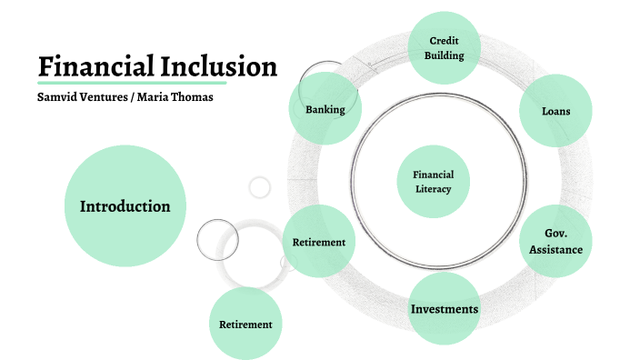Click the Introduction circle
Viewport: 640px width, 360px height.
(125, 206)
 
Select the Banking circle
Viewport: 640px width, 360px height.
(325, 110)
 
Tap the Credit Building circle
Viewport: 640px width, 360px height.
(444, 47)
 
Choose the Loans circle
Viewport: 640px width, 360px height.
(555, 112)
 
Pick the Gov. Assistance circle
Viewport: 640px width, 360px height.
(555, 241)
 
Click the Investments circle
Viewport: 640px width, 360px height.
(444, 309)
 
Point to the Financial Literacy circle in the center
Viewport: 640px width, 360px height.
(434, 182)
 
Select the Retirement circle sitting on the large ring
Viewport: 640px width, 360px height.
(318, 243)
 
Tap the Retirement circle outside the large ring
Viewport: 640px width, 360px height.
(245, 324)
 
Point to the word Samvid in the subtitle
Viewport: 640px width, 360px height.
(57, 97)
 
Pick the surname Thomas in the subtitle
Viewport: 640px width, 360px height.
(194, 97)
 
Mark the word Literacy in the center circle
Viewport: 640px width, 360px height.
(434, 189)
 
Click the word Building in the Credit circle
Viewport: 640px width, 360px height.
(444, 55)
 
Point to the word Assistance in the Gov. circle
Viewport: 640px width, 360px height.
(555, 249)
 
